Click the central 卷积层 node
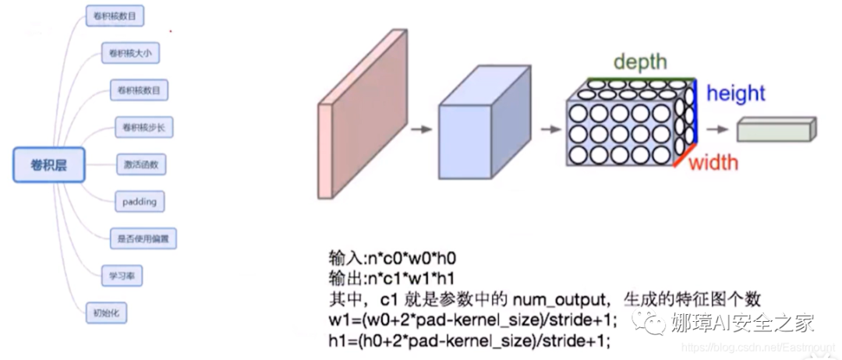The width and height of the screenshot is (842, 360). [48, 165]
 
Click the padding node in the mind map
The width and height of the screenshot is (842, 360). [140, 202]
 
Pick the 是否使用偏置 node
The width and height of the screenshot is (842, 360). [143, 238]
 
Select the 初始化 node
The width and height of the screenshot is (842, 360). [105, 313]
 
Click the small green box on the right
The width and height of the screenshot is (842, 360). [776, 129]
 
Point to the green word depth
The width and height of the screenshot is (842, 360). [639, 62]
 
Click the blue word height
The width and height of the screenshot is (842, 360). [735, 94]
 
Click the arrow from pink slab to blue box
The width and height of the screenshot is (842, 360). [421, 129]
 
